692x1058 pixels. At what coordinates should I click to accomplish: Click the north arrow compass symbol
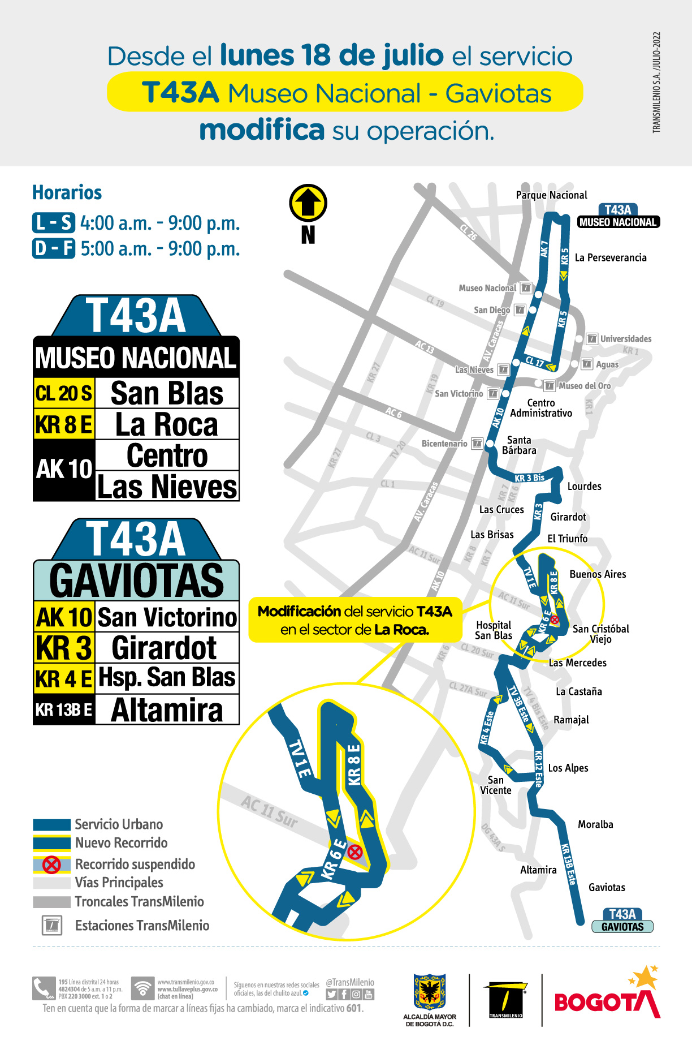[308, 203]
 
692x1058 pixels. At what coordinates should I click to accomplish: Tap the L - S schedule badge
[54, 223]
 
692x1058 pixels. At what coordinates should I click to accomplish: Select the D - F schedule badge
[54, 248]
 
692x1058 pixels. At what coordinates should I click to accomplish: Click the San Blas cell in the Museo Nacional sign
[167, 393]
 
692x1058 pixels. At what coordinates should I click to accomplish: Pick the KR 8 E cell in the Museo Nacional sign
[64, 424]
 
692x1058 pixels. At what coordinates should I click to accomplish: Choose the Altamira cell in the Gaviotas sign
[167, 710]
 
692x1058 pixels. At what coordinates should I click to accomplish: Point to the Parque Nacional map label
[551, 195]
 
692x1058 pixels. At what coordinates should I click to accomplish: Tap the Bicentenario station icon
[477, 444]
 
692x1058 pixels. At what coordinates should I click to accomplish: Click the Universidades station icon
[592, 338]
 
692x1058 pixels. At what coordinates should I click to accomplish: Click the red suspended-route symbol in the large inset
[355, 851]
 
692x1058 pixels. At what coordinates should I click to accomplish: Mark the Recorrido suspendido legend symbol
[51, 865]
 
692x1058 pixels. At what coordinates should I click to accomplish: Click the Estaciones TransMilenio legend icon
[52, 926]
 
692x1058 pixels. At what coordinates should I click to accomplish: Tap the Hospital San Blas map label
[494, 630]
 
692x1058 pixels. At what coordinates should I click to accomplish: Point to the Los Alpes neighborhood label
[568, 768]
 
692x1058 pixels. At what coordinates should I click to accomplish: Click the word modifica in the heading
[262, 130]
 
